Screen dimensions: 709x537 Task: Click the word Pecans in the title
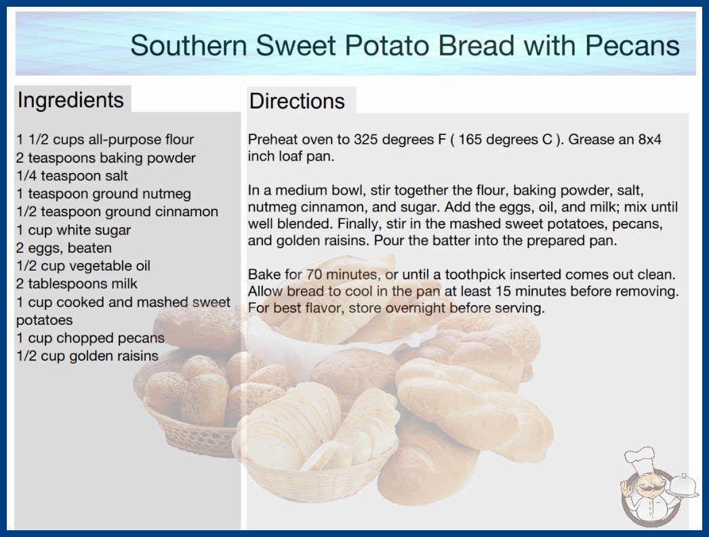(x=632, y=45)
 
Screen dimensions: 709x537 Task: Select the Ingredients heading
(x=70, y=100)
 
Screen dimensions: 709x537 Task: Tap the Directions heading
(x=297, y=101)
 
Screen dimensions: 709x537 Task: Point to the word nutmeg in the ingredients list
(x=166, y=194)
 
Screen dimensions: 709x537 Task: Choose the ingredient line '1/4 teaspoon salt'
(x=72, y=176)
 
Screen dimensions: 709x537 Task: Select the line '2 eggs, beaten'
(x=64, y=248)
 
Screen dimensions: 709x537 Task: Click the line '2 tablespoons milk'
(x=77, y=283)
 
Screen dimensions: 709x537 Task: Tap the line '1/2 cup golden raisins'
(x=87, y=356)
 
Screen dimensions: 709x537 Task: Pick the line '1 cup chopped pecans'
(x=90, y=338)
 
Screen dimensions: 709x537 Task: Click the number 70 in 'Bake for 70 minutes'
(x=314, y=275)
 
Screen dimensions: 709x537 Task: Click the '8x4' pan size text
(x=650, y=140)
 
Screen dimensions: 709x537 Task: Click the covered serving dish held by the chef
(x=683, y=486)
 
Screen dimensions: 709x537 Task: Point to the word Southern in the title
(x=188, y=45)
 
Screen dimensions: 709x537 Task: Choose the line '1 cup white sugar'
(x=73, y=230)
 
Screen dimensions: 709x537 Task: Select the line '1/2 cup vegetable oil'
(x=83, y=266)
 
